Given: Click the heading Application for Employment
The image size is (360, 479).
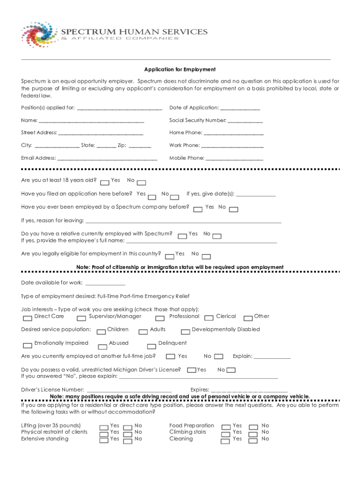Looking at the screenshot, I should [180, 69].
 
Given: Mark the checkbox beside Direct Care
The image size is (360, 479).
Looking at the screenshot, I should [28, 319].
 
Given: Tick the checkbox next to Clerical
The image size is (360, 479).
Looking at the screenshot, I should [209, 319].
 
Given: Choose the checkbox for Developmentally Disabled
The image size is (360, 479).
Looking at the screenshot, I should [185, 332].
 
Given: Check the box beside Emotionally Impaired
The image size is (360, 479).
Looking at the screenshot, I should [28, 346].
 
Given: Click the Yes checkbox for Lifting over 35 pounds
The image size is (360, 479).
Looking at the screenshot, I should [104, 427].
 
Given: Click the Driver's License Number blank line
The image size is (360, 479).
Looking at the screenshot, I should [128, 391].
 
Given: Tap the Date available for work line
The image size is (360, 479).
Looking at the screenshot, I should [105, 284].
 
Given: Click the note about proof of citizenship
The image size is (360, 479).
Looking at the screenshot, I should [180, 268].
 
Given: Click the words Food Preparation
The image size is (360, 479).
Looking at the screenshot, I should [192, 426].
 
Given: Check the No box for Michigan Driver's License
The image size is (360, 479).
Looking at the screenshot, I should [230, 370].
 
